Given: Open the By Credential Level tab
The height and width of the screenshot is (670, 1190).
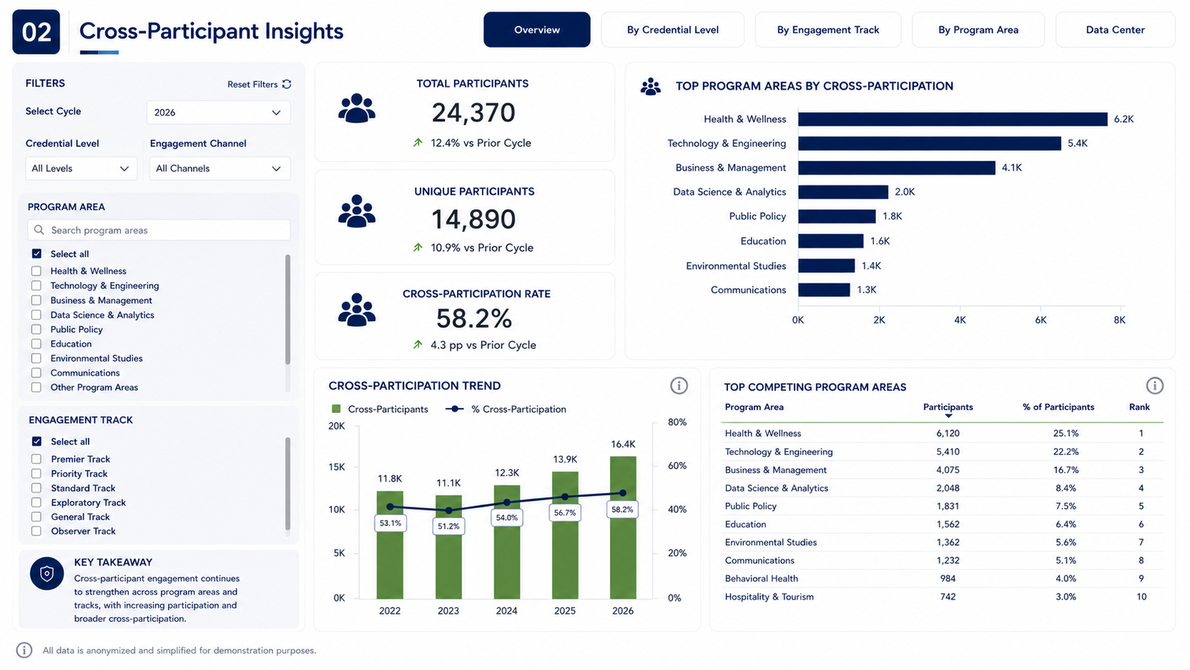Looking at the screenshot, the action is (673, 30).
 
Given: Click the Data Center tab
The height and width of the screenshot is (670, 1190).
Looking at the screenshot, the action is (1115, 30).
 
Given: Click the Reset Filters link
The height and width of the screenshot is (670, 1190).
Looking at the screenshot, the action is (259, 85).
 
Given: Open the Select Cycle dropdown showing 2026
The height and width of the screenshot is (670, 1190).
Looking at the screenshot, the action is (218, 112).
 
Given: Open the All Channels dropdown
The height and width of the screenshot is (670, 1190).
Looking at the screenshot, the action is (220, 169).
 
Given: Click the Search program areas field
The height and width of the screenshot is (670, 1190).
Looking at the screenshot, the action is (159, 230).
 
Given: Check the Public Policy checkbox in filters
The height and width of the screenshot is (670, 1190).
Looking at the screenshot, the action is (36, 330).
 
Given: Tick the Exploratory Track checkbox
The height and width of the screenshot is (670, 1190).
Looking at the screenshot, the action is (36, 503).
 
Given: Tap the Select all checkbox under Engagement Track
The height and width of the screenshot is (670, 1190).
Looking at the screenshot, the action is (37, 441).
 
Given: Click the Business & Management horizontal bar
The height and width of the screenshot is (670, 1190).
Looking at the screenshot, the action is (896, 168).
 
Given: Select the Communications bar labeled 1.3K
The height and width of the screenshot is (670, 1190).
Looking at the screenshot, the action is (824, 290).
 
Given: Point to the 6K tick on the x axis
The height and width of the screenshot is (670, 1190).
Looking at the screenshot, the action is (1041, 320).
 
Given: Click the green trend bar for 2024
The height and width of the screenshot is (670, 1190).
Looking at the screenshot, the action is (507, 542).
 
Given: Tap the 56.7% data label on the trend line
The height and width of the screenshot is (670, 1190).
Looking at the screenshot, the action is (564, 513).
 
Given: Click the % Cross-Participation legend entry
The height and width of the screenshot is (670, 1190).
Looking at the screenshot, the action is (506, 409).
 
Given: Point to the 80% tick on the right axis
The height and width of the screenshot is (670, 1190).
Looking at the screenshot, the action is (677, 422).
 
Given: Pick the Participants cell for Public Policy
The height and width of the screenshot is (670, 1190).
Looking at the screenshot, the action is (948, 506).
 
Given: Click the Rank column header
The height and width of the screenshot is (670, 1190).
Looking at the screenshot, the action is (1139, 407).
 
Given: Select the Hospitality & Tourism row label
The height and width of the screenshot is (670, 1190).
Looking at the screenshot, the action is (769, 597).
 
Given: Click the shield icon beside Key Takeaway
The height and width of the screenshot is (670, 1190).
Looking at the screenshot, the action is (47, 573).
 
